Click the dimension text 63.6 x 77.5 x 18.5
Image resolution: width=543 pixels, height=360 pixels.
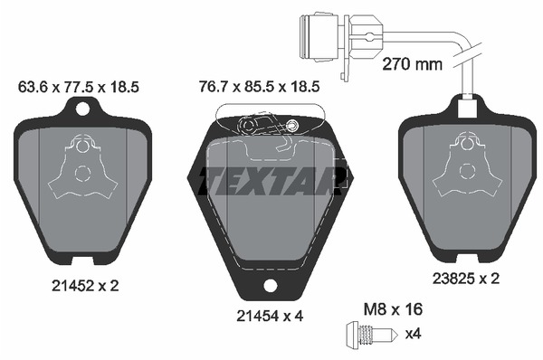pos(78,87)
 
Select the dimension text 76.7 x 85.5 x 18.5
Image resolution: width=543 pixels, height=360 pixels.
pos(260,87)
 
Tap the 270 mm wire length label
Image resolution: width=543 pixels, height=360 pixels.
pos(412,64)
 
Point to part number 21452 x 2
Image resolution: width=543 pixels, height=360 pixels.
pos(85,286)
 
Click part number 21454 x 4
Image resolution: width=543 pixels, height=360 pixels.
pos(270,316)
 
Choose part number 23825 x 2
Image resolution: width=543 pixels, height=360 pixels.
pos(466,279)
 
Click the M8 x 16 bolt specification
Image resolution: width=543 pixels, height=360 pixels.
pos(393,309)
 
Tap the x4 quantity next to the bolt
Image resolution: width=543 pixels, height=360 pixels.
pos(414,334)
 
